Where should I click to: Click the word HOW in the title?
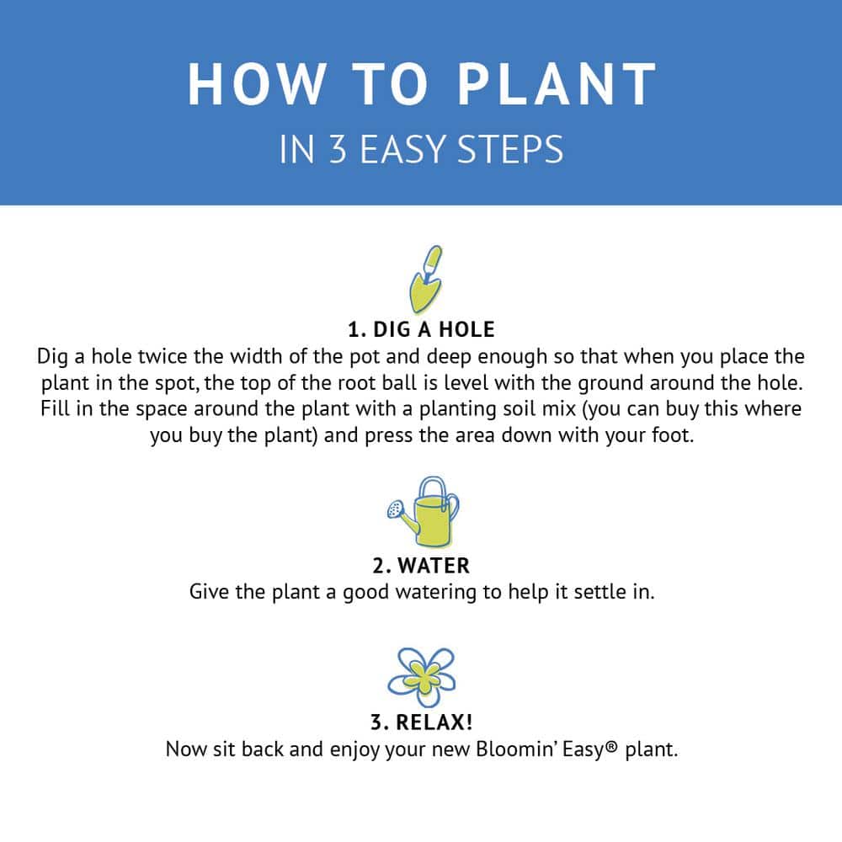[x=255, y=84]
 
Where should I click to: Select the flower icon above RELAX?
[x=421, y=677]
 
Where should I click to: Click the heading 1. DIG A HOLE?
[x=421, y=328]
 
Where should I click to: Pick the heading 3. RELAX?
[x=421, y=723]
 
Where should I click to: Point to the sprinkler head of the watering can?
[x=394, y=509]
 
